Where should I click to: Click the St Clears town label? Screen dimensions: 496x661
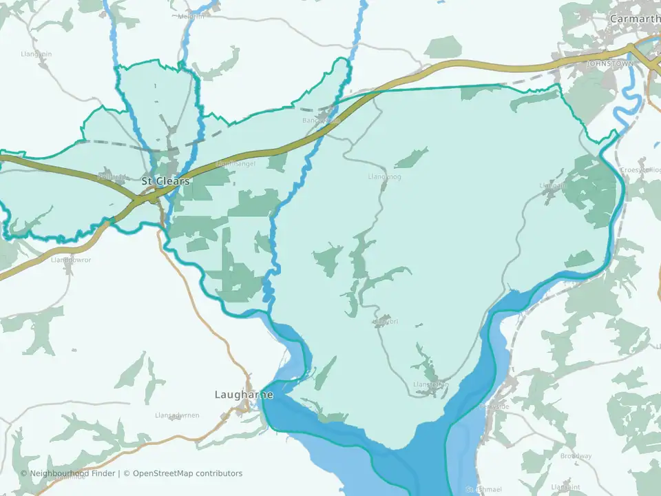(165, 181)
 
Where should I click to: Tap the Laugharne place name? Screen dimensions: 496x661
(244, 395)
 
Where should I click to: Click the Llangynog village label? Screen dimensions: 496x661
(384, 177)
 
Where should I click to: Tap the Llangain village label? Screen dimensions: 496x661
(554, 185)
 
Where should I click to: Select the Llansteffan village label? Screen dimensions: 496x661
(430, 384)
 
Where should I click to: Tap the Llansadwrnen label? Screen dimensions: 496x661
(177, 415)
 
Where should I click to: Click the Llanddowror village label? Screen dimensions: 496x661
(71, 260)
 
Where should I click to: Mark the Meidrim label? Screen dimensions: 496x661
(191, 16)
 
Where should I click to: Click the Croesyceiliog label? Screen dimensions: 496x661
(640, 169)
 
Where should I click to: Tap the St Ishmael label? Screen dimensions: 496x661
(481, 490)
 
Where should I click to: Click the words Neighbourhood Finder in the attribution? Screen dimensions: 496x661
(73, 473)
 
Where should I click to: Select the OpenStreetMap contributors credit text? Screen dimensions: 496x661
(187, 473)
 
